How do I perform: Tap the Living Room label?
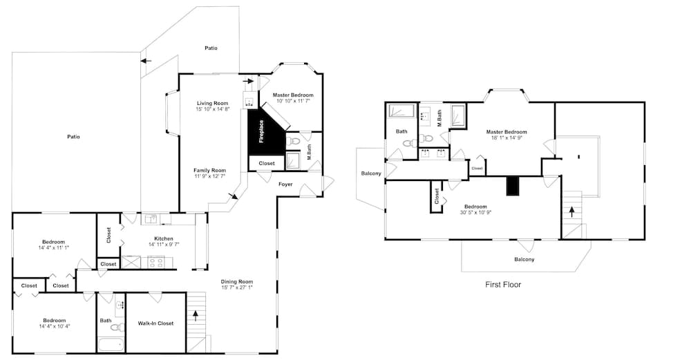[x=212, y=103]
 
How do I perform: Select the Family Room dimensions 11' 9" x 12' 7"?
[x=210, y=176]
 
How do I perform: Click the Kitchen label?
[x=164, y=238]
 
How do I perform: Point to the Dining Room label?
[x=237, y=281]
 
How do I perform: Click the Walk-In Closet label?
[x=155, y=323]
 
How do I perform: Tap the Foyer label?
[x=285, y=184]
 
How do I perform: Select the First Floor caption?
[x=503, y=285]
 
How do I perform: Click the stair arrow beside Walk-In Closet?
[x=196, y=316]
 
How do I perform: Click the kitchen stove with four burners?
[x=157, y=262]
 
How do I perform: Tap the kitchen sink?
[x=151, y=219]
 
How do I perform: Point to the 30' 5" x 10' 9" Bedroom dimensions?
[x=475, y=212]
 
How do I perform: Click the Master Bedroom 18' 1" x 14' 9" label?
[x=507, y=134]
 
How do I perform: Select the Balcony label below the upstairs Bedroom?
[x=524, y=260]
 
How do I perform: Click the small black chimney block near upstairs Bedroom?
[x=511, y=185]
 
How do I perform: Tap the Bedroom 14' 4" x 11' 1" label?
[x=54, y=245]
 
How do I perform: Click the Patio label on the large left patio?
[x=74, y=137]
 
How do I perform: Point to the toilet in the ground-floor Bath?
[x=117, y=327]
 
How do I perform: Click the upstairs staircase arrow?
[x=571, y=212]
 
